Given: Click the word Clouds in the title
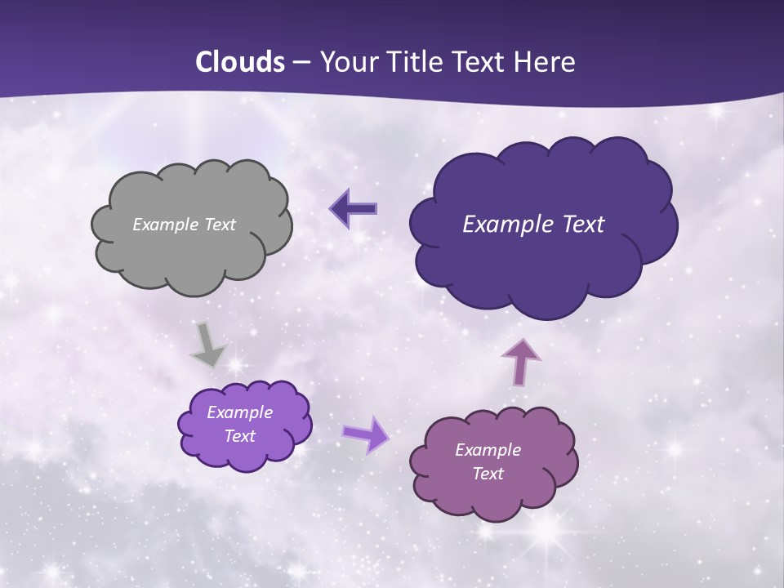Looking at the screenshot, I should tap(240, 62).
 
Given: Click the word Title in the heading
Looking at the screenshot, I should tap(416, 62).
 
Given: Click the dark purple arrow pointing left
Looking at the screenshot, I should tap(354, 209).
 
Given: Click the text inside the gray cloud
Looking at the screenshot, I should tap(184, 225).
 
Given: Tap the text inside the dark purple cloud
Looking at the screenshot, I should tap(533, 225).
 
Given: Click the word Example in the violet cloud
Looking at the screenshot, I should tap(239, 412).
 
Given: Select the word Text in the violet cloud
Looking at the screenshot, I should tap(239, 436).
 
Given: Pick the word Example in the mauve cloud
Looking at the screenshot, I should tap(488, 450).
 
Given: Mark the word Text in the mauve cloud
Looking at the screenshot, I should tap(488, 474).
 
